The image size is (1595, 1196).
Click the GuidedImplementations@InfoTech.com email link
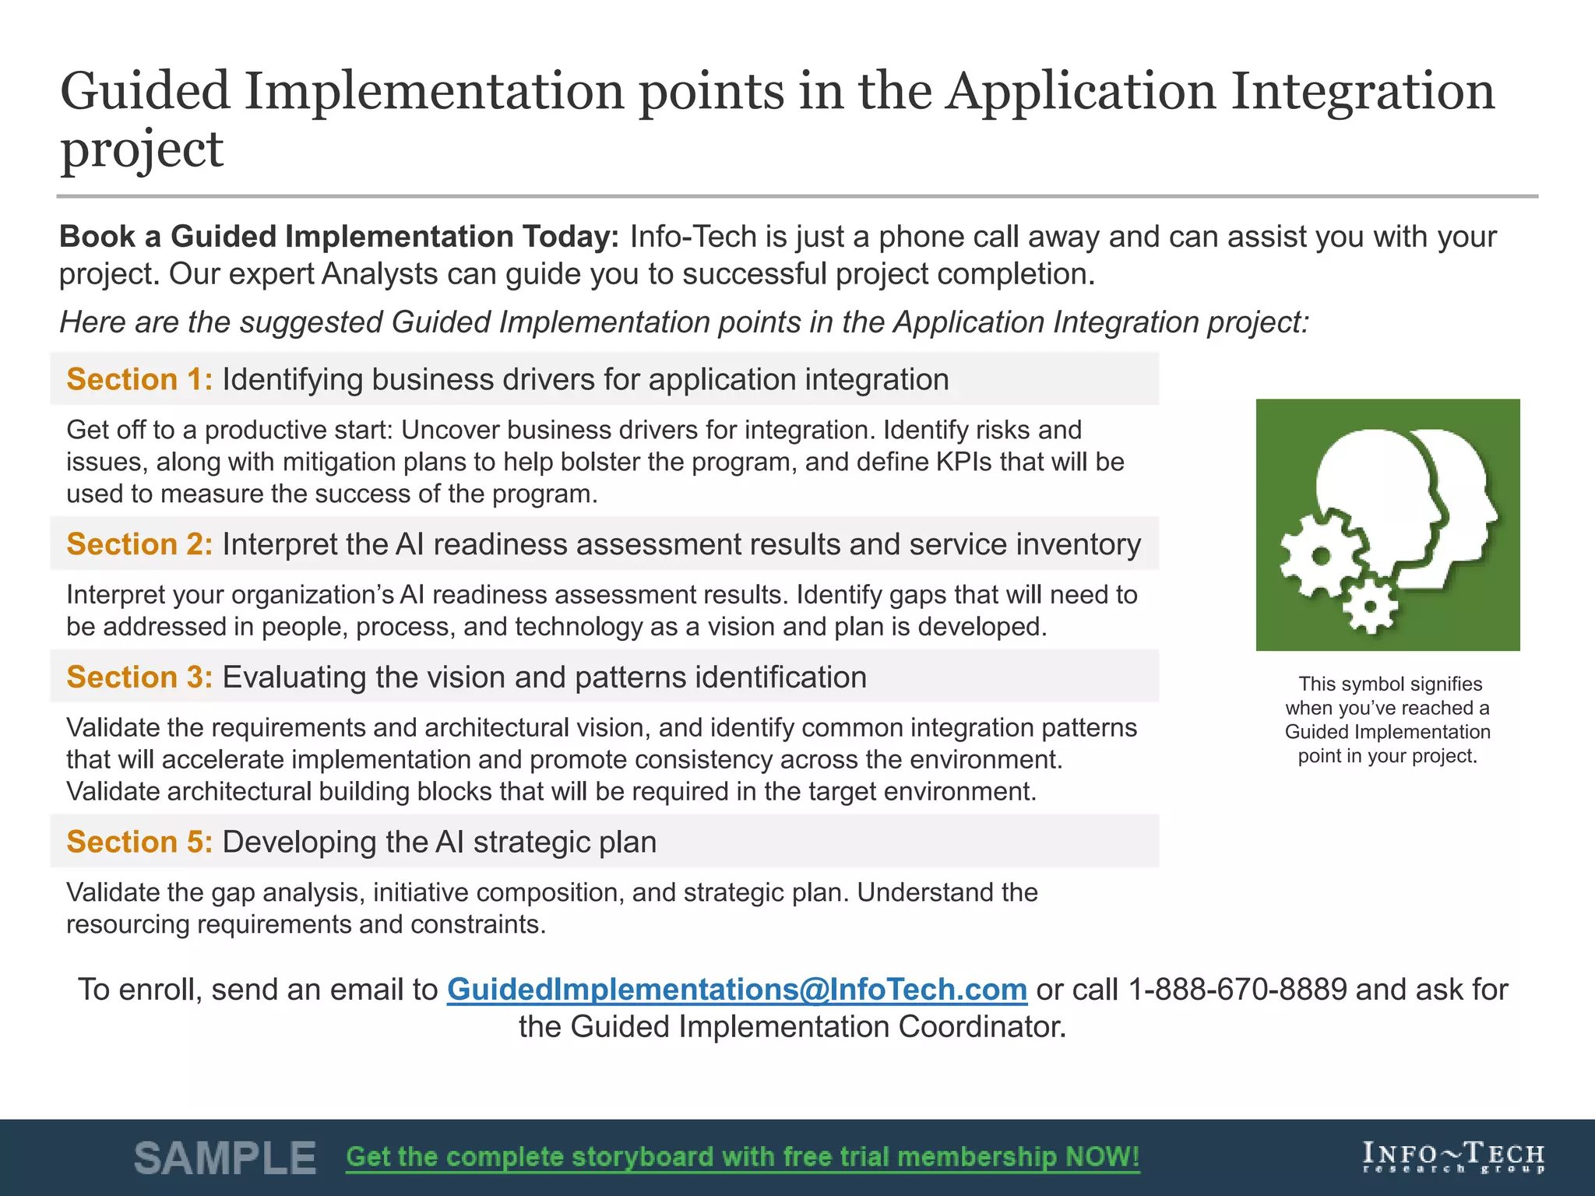[x=737, y=989]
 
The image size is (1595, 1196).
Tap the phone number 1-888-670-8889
[x=1237, y=989]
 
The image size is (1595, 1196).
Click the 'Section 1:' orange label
[x=139, y=379]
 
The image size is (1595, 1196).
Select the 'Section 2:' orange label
[x=139, y=544]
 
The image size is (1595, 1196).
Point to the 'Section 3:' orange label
[x=139, y=677]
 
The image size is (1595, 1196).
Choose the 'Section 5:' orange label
[x=139, y=842]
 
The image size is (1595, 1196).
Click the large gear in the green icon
[x=1321, y=555]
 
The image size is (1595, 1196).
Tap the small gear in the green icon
[x=1370, y=606]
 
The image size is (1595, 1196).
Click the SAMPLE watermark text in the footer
[x=225, y=1158]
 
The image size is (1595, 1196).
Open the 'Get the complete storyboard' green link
[x=742, y=1157]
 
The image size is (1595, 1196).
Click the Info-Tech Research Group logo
[x=1452, y=1157]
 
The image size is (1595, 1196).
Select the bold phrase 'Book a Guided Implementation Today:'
[x=339, y=237]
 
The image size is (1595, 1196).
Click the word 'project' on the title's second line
[x=142, y=149]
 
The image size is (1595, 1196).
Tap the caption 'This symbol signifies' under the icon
[x=1389, y=684]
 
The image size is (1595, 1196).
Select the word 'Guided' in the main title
[x=145, y=91]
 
